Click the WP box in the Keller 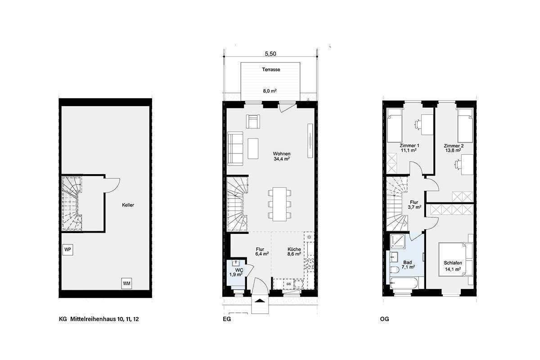pyautogui.click(x=68, y=249)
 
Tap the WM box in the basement pyautogui.click(x=126, y=283)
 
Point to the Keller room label pyautogui.click(x=128, y=205)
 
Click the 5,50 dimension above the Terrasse pyautogui.click(x=270, y=54)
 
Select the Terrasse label pyautogui.click(x=271, y=70)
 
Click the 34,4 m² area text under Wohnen pyautogui.click(x=281, y=159)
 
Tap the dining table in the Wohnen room pyautogui.click(x=279, y=203)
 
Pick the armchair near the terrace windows pyautogui.click(x=253, y=121)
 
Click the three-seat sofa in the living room pyautogui.click(x=235, y=149)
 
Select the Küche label pyautogui.click(x=294, y=249)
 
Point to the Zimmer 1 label pyautogui.click(x=409, y=146)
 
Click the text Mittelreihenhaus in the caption pyautogui.click(x=92, y=320)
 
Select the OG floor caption pyautogui.click(x=384, y=320)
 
